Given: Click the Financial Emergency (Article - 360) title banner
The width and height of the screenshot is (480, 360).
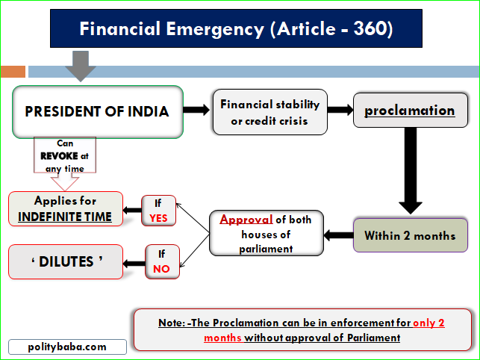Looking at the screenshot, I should tap(237, 29).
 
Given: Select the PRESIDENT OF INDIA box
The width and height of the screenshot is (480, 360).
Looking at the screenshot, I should tap(97, 111).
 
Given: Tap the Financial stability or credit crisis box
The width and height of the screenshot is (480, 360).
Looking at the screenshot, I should tap(269, 112).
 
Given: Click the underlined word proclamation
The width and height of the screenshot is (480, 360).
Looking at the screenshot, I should tap(409, 111).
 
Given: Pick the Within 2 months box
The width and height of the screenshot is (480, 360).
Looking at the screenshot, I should tap(410, 235).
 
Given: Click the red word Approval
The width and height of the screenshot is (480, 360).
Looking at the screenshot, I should tap(243, 220).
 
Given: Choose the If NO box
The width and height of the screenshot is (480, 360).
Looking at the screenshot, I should tap(162, 261).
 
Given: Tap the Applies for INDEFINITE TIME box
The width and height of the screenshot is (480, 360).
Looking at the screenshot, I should tap(66, 209).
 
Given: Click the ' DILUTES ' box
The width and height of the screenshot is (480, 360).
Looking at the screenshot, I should tap(66, 261).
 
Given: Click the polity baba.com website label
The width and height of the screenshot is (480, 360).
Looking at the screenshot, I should tap(67, 347).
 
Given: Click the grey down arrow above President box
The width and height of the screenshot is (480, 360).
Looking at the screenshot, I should tap(81, 66).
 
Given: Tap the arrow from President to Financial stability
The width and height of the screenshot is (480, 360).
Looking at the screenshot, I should tap(196, 111).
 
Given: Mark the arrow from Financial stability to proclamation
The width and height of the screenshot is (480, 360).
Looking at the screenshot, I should tap(340, 110).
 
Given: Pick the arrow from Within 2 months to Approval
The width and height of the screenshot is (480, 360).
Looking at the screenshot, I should tap(338, 235).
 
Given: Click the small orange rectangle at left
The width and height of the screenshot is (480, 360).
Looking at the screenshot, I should tap(13, 72).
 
